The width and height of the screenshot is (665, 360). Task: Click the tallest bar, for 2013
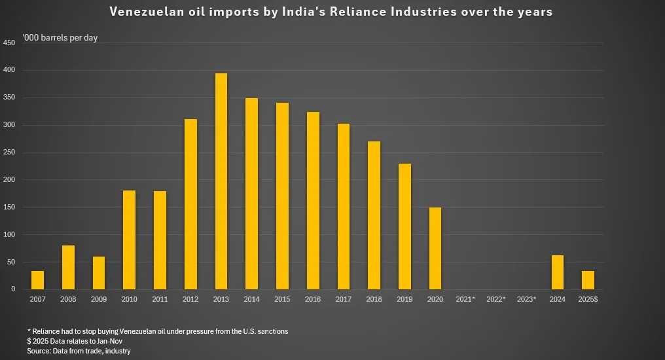pos(221,181)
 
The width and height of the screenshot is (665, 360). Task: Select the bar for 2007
pos(38,280)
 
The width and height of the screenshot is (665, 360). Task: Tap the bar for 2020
pos(435,248)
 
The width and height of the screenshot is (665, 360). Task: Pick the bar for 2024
pos(558,272)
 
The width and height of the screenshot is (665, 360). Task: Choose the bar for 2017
pos(344,206)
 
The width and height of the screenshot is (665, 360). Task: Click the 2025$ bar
pos(588,280)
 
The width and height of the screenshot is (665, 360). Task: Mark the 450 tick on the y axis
pos(9,43)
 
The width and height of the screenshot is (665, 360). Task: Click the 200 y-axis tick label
pos(9,180)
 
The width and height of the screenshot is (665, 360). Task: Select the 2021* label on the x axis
pos(465,299)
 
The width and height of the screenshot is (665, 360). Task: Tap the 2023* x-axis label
pos(527,299)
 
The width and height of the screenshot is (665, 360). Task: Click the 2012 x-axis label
pos(190,299)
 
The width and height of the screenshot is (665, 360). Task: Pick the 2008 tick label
pos(68,299)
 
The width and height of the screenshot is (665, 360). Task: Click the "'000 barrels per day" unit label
pos(60,38)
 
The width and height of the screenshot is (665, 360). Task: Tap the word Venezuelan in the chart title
pos(143,12)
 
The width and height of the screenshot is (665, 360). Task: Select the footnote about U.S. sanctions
pos(157,331)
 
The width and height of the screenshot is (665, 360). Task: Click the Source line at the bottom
pos(79,351)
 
